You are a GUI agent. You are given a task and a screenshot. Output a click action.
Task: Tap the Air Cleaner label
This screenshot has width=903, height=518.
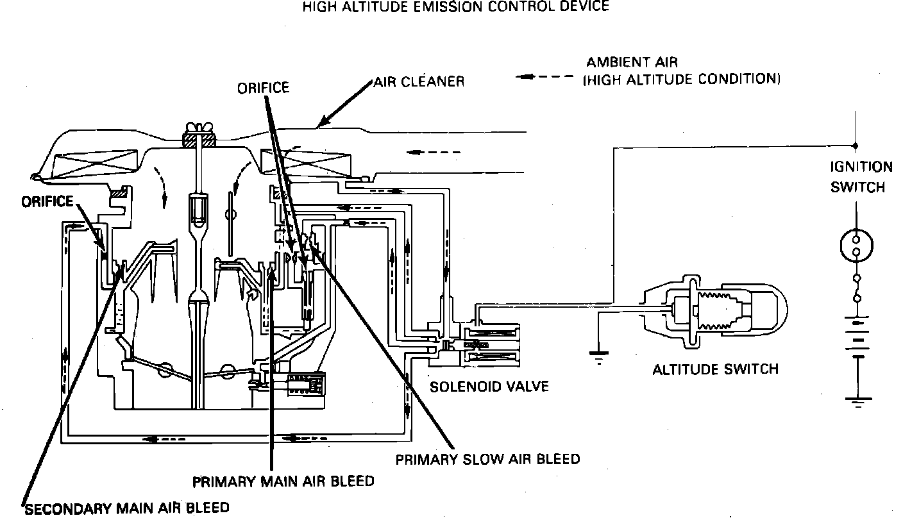(x=419, y=82)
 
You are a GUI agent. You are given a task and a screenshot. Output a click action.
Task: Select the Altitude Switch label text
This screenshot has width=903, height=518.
(x=715, y=369)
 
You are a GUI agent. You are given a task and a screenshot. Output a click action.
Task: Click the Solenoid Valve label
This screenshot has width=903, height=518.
(x=489, y=387)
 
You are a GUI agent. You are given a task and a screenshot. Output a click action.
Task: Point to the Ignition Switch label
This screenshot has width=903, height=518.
(x=861, y=177)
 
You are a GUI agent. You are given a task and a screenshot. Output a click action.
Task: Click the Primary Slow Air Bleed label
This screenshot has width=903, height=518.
(x=487, y=459)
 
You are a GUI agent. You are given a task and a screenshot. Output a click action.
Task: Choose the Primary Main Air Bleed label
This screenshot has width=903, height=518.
(x=283, y=480)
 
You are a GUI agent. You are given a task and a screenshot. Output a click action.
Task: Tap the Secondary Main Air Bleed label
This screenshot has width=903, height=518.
(x=126, y=508)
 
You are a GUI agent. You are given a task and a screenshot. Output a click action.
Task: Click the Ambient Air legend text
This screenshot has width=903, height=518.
(x=683, y=71)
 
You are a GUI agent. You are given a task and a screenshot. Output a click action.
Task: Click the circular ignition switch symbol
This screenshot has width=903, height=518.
(x=857, y=244)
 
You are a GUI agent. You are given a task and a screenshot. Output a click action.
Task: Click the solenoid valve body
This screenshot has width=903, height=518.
(x=491, y=346)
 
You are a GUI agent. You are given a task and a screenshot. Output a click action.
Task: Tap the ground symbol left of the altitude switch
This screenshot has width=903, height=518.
(x=599, y=358)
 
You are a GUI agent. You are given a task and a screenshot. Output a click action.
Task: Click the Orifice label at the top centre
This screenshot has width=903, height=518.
(x=263, y=88)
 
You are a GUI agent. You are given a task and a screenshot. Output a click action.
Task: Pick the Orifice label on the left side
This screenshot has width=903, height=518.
(x=47, y=201)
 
